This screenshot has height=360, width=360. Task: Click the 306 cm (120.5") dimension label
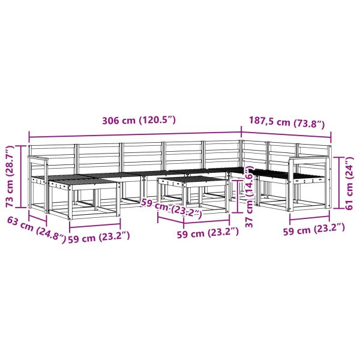(139, 121)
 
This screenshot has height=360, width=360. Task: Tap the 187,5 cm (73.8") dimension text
(287, 122)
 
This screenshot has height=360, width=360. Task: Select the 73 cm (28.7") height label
(10, 176)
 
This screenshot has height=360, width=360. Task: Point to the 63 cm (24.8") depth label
(36, 230)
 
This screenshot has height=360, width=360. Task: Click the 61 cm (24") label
(349, 183)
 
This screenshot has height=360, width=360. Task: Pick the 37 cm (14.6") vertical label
(249, 196)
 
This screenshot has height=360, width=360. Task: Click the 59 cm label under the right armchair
(314, 229)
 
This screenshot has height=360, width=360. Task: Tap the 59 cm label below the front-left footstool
(99, 238)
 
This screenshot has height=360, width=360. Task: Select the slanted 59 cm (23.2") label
(172, 208)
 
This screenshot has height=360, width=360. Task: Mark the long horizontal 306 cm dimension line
(135, 135)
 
